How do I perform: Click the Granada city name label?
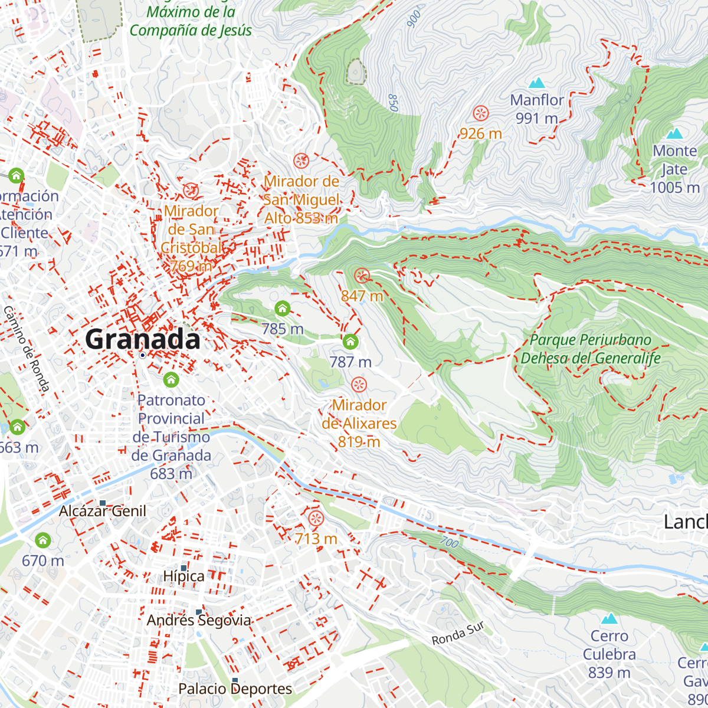tap(143, 340)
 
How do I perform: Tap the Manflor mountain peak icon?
tap(536, 83)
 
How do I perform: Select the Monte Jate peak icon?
tap(674, 133)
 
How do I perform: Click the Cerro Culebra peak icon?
tap(609, 618)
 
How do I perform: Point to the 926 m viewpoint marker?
tap(481, 113)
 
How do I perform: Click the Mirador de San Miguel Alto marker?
tap(301, 160)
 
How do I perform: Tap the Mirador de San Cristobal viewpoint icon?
tap(191, 190)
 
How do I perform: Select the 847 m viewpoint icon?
tap(362, 275)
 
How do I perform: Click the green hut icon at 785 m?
tap(282, 308)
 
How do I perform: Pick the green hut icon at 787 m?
tap(350, 341)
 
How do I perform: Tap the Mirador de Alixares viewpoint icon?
tap(359, 385)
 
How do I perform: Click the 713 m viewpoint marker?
tap(316, 519)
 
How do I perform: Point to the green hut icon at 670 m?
tap(42, 540)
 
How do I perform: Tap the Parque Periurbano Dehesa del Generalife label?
tap(590, 349)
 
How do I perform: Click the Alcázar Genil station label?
tap(102, 511)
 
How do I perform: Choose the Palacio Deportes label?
tap(235, 689)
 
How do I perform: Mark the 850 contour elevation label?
tap(393, 103)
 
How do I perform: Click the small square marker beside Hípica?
tap(183, 568)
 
